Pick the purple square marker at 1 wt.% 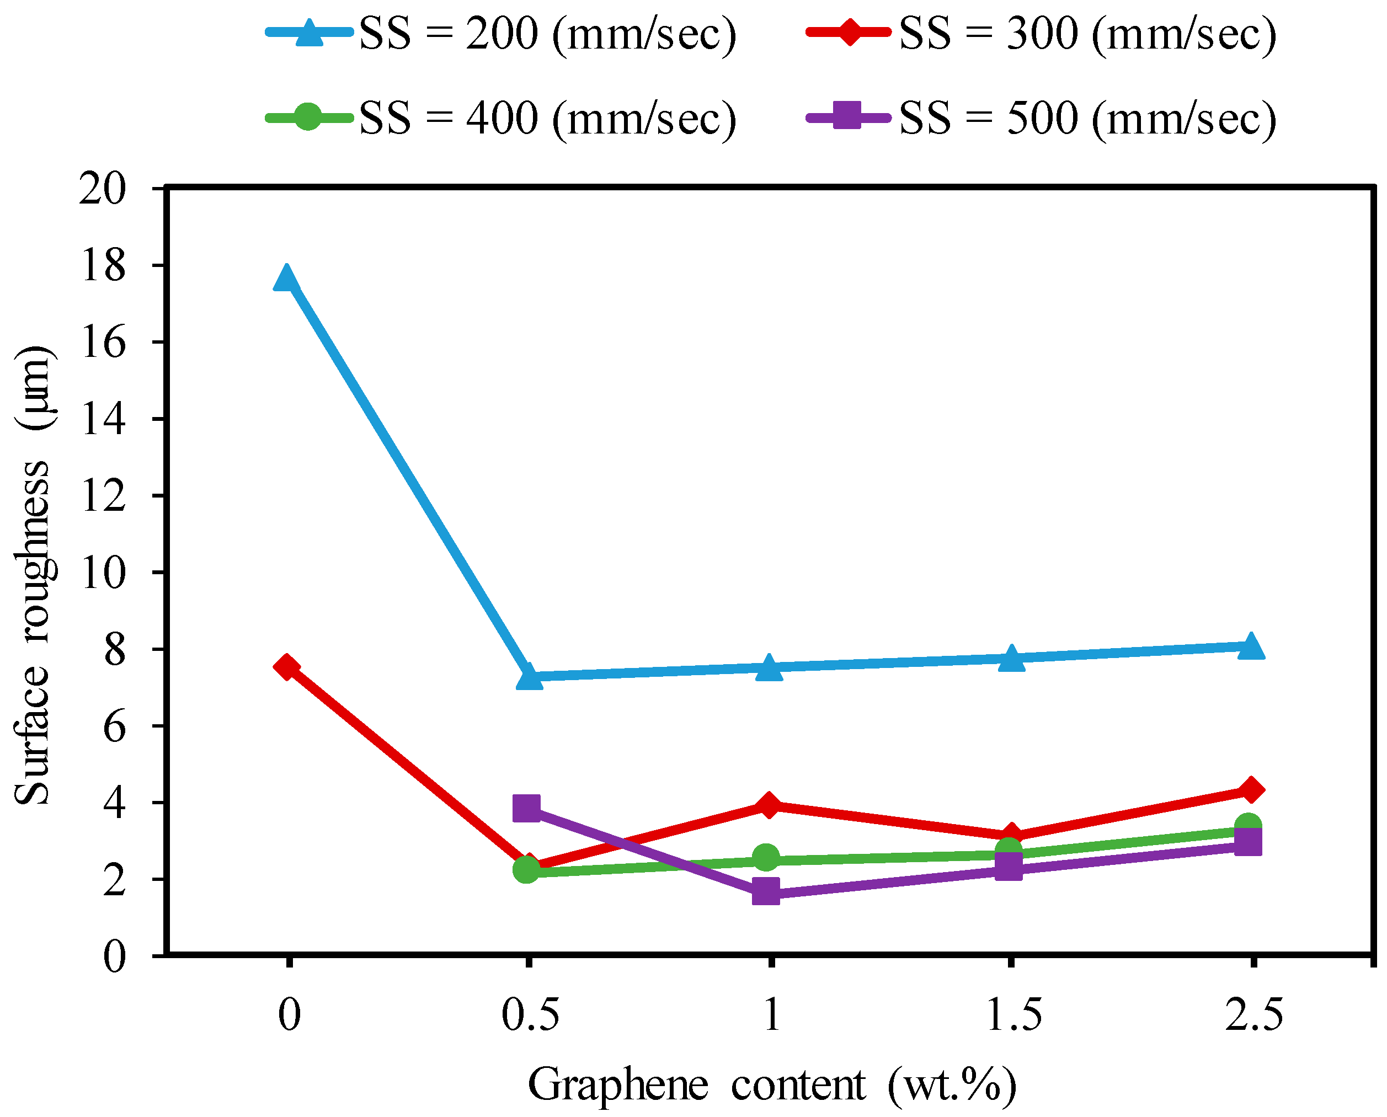766,892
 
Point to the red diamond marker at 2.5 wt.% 1251,789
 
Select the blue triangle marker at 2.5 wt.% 1251,646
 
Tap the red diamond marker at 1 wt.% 769,805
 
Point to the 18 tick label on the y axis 102,266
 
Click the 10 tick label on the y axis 102,573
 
